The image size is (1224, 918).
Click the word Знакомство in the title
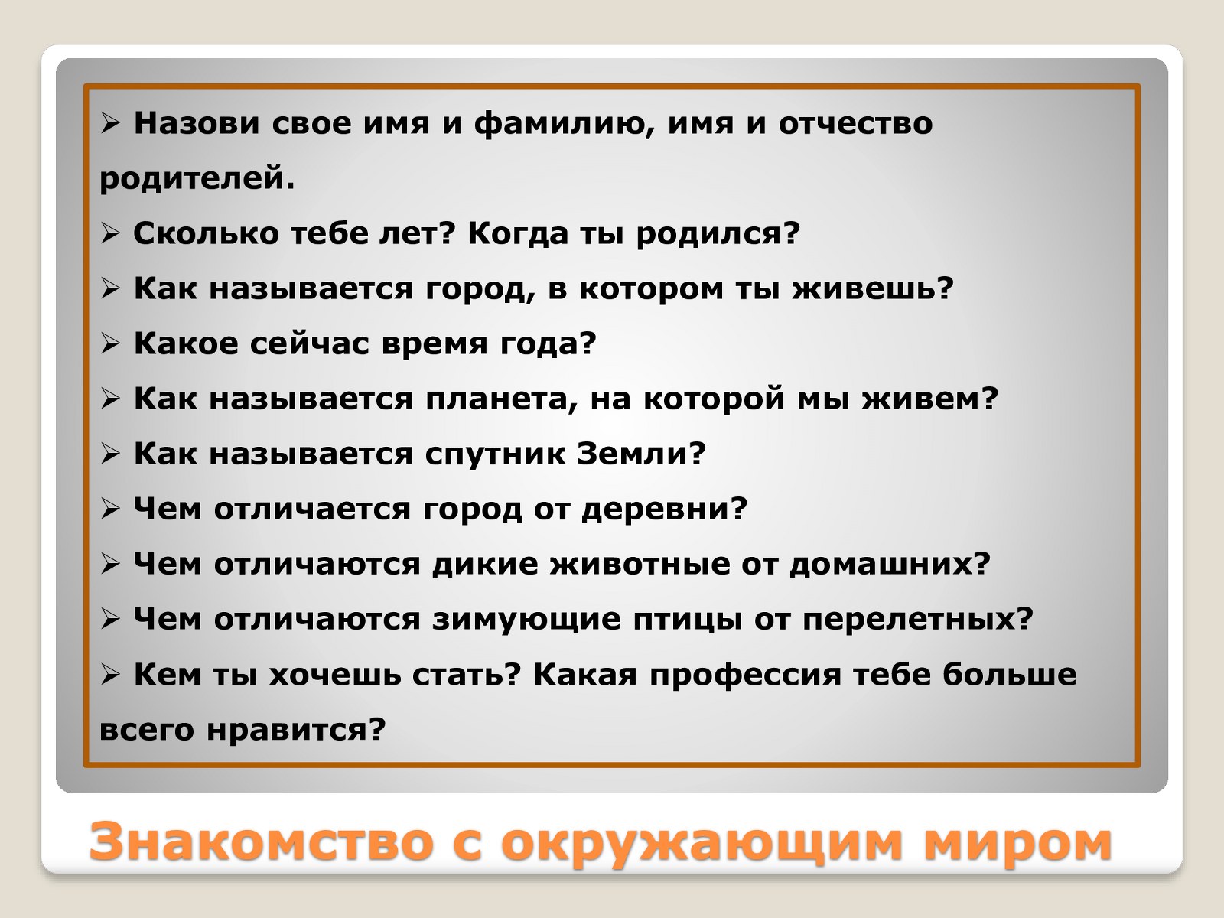pos(262,841)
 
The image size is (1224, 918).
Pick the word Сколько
pos(207,233)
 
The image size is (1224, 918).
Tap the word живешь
pos(874,288)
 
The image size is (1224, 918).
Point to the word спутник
pos(495,455)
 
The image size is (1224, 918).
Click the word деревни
pos(664,510)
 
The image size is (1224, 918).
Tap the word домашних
pos(890,565)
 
